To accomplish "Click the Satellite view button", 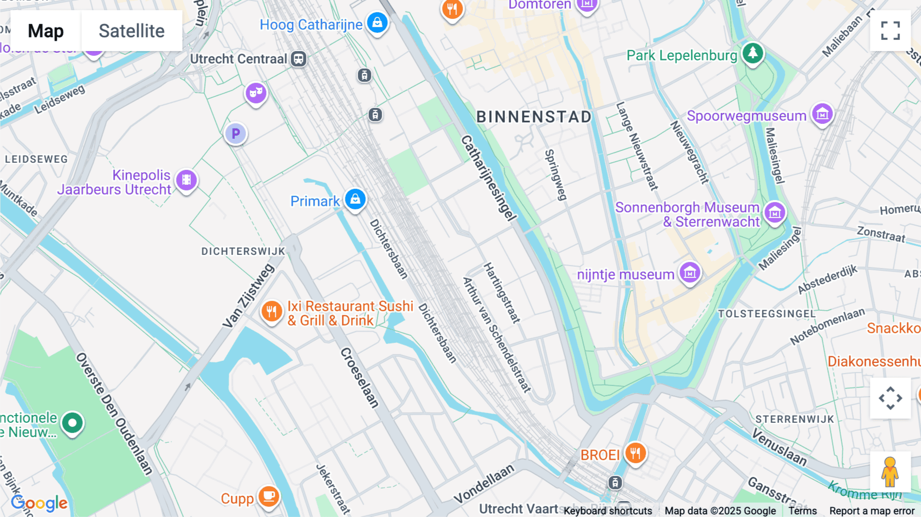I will (131, 31).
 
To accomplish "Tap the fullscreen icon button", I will (890, 31).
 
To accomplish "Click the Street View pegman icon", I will (890, 471).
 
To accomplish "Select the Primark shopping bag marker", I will (355, 199).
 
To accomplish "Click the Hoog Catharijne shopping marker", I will (377, 23).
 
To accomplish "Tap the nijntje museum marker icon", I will (690, 273).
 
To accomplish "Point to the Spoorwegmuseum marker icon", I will (822, 114).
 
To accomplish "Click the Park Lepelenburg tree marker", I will (752, 53).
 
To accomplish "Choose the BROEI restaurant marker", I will (635, 453).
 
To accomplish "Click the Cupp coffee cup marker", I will (269, 496).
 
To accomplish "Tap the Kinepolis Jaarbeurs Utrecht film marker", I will (186, 180).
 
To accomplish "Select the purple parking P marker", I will (236, 134).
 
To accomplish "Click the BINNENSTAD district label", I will (534, 117).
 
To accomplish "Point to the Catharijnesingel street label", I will (488, 178).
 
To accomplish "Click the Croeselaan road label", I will (360, 377).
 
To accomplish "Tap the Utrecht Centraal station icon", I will (298, 59).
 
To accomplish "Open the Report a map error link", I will (871, 510).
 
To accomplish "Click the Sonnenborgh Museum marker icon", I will (774, 212).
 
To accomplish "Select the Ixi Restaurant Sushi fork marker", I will (271, 311).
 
